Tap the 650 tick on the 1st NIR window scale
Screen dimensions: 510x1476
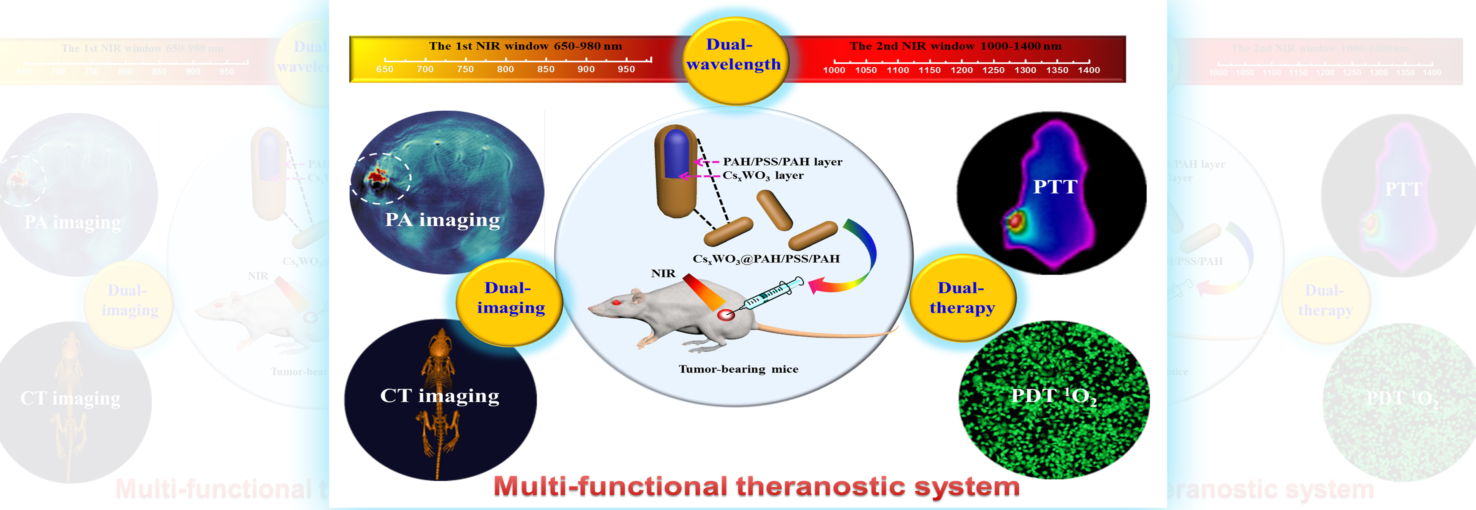coord(384,69)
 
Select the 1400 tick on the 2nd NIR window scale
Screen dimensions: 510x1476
coord(1089,70)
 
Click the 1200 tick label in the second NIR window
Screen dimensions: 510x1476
coord(961,70)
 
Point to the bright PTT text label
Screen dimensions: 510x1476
coord(1055,187)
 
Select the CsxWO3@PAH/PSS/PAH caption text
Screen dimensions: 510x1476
coord(766,259)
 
